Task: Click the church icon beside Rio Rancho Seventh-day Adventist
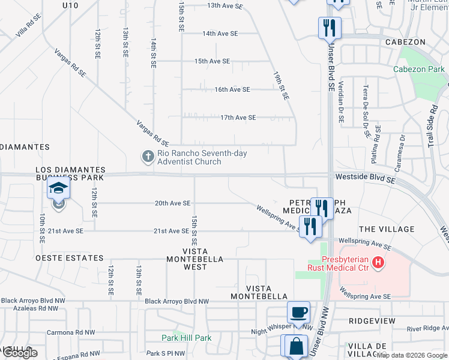coord(148,157)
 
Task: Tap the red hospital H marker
coord(378,262)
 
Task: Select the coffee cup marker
coord(298,312)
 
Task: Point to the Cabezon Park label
coord(418,69)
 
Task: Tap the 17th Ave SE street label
coord(238,118)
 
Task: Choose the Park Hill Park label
coord(186,338)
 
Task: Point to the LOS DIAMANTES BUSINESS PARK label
coord(70,174)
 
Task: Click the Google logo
coord(20,353)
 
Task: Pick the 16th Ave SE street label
coord(232,89)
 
